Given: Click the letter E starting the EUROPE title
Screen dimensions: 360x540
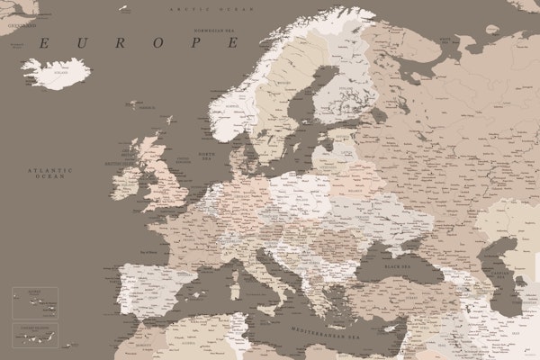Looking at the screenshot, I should click(x=43, y=42).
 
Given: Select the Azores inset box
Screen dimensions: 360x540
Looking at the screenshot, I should click(x=35, y=302).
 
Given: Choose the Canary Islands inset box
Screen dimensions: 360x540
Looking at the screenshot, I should click(x=35, y=335).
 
